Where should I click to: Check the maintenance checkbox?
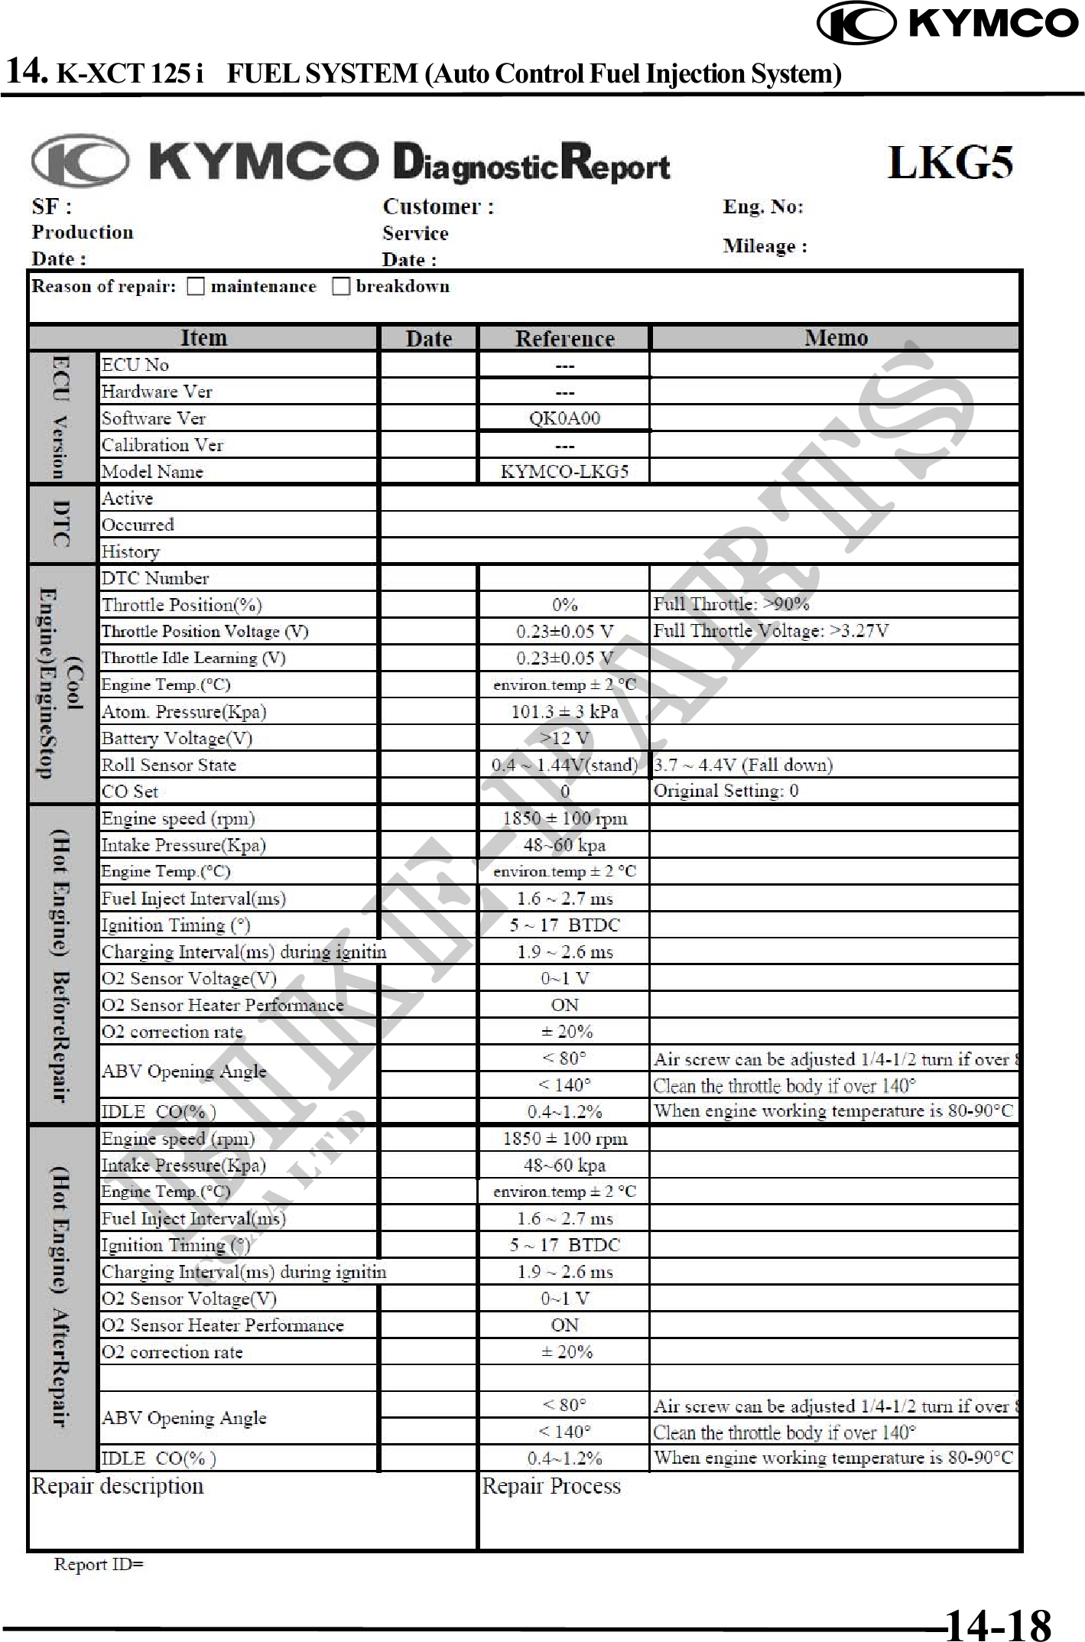pyautogui.click(x=197, y=287)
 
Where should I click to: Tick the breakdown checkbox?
pyautogui.click(x=341, y=287)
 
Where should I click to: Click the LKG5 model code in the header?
pyautogui.click(x=950, y=163)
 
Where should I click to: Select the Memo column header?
pyautogui.click(x=836, y=338)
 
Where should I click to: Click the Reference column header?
pyautogui.click(x=564, y=338)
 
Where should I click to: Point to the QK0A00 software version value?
pyautogui.click(x=564, y=418)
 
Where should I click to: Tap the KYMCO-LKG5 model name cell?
pyautogui.click(x=564, y=471)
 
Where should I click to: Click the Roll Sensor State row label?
pyautogui.click(x=169, y=765)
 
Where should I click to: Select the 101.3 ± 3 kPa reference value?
pyautogui.click(x=564, y=711)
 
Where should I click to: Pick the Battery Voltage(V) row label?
pyautogui.click(x=177, y=738)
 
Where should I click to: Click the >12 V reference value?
pyautogui.click(x=564, y=738)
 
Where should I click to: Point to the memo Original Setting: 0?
pyautogui.click(x=726, y=791)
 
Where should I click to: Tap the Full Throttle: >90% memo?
pyautogui.click(x=731, y=604)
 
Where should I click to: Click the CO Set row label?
pyautogui.click(x=130, y=792)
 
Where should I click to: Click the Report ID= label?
pyautogui.click(x=99, y=1564)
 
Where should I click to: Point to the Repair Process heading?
pyautogui.click(x=551, y=1486)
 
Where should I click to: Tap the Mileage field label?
pyautogui.click(x=765, y=246)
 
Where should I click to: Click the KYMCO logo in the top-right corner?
pyautogui.click(x=948, y=23)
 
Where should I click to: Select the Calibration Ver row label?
pyautogui.click(x=162, y=445)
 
